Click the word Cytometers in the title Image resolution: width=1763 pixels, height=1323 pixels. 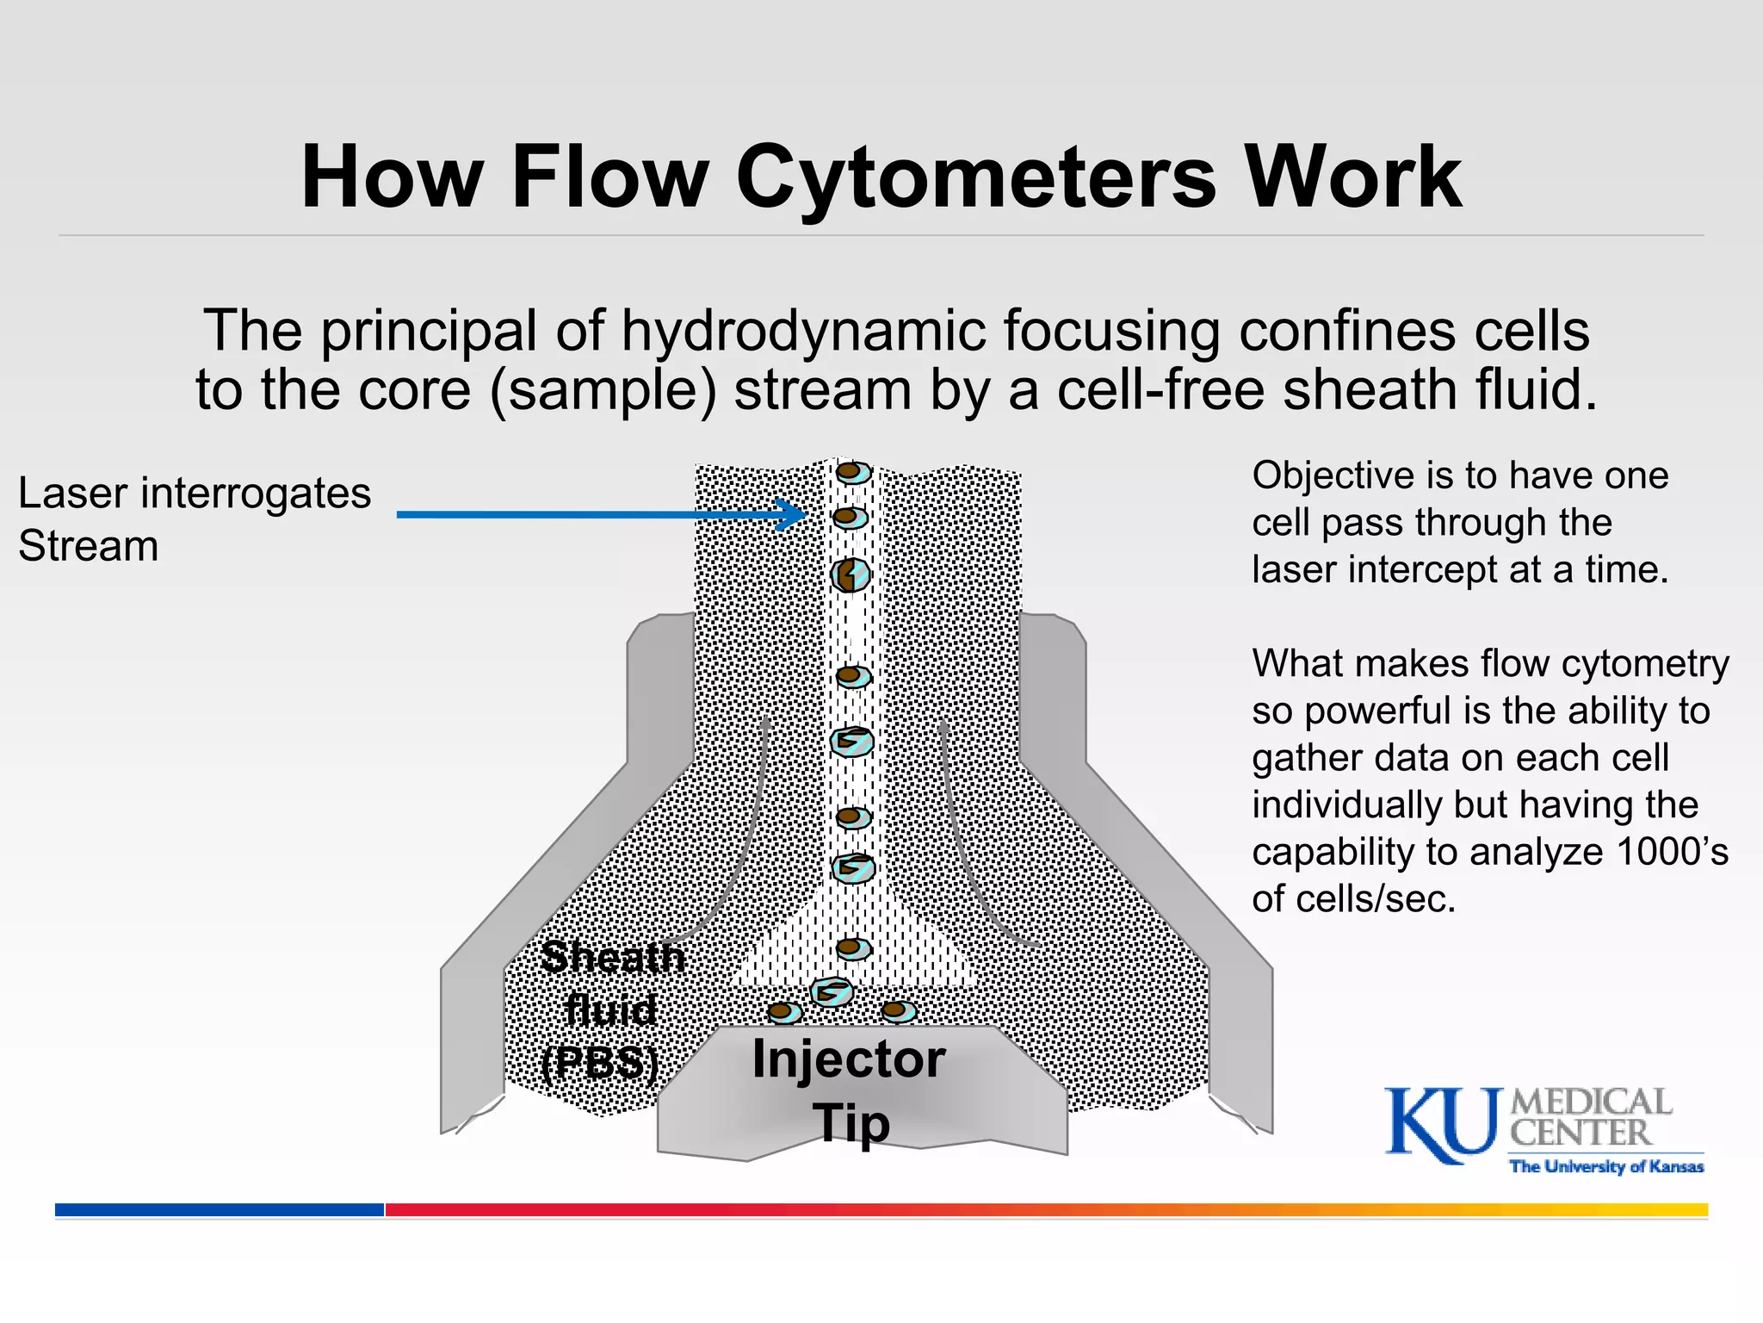976,177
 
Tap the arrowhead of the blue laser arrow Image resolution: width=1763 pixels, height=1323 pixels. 793,514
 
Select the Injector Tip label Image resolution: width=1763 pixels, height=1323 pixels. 850,1090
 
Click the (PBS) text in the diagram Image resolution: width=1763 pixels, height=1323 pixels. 600,1063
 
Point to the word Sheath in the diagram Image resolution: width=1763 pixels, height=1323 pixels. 613,957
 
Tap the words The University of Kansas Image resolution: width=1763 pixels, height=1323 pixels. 1606,1167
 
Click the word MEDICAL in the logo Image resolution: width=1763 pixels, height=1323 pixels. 1591,1102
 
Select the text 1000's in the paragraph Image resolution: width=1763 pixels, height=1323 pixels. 1673,852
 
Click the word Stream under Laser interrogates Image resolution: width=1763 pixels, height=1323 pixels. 89,546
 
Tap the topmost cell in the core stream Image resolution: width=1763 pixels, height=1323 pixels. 853,472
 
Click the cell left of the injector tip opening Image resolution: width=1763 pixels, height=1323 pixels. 784,1012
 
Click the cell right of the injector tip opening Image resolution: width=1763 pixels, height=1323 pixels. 897,1010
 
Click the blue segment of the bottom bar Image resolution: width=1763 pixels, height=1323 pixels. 220,1209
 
